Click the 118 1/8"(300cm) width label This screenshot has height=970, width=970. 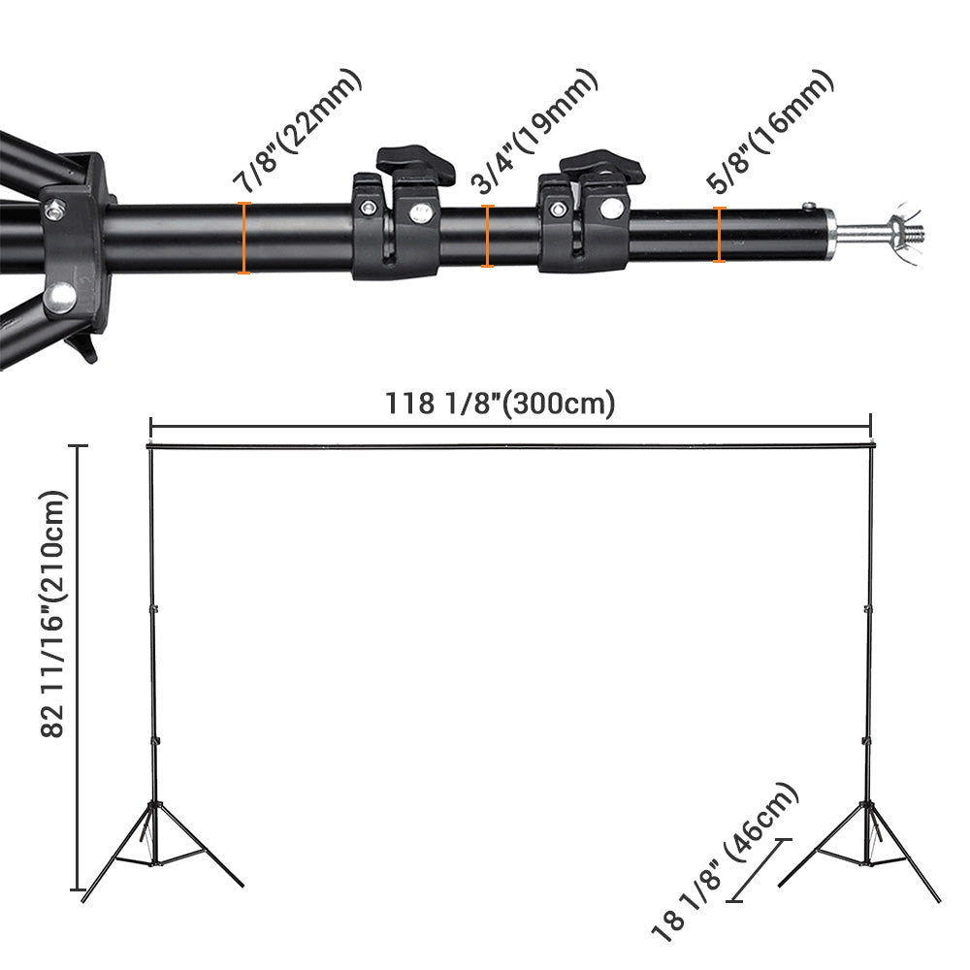[x=501, y=403]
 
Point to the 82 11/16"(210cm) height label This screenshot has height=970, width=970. [x=53, y=614]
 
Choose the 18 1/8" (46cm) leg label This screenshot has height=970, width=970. [x=725, y=863]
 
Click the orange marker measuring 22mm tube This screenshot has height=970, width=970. [x=243, y=238]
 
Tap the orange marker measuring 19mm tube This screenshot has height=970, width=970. [x=488, y=236]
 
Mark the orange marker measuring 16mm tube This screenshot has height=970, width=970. [x=719, y=235]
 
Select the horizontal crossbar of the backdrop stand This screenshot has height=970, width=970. [x=509, y=446]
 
